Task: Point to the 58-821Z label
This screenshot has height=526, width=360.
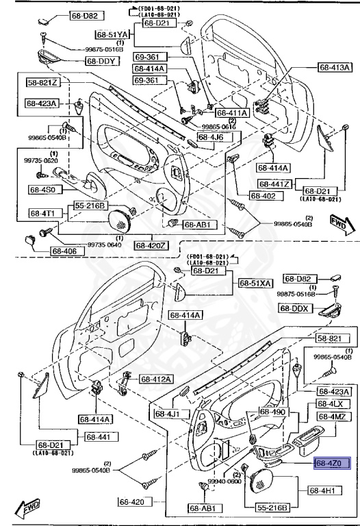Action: tap(44, 83)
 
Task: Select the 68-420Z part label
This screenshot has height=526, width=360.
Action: tap(151, 245)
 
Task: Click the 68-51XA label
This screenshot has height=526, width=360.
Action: tap(255, 283)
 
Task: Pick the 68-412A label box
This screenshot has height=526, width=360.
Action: tap(157, 379)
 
